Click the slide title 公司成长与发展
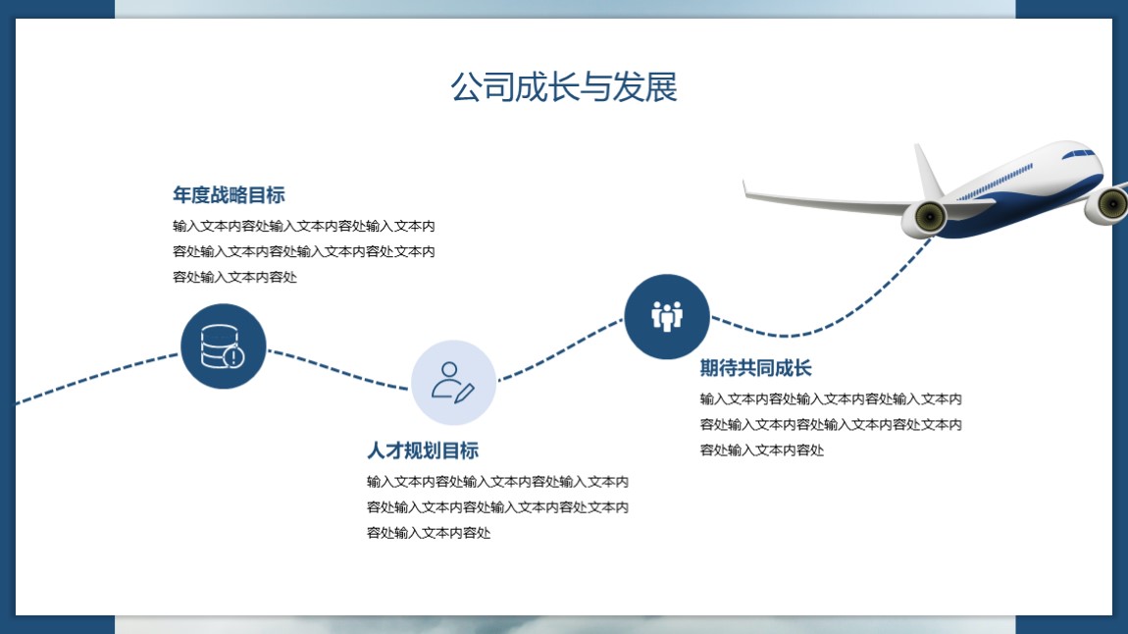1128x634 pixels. [x=564, y=87]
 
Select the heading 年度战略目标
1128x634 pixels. [x=229, y=195]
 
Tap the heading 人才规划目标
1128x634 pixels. [x=423, y=450]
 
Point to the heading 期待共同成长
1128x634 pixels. [x=755, y=368]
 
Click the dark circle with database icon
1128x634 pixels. [x=223, y=346]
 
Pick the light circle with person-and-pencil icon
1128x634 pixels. [x=453, y=382]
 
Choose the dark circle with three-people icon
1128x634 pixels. [x=667, y=317]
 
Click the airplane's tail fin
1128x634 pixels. [x=928, y=173]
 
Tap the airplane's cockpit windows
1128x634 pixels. [x=1078, y=153]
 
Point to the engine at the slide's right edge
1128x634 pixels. [x=1107, y=204]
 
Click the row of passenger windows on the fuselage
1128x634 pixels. [x=996, y=183]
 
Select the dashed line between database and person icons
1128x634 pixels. [x=338, y=370]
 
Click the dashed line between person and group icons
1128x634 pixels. [x=560, y=349]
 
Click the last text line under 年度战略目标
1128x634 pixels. [x=234, y=277]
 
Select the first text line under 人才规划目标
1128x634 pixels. [x=497, y=482]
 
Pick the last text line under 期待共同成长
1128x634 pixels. [x=762, y=449]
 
